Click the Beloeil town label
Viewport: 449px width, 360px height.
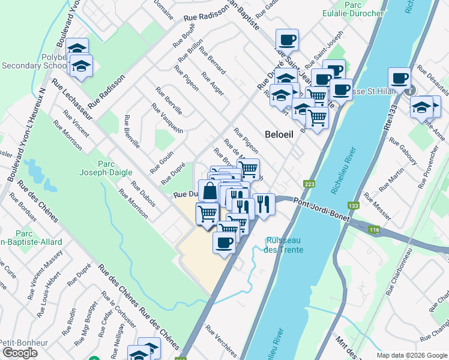pos(279,134)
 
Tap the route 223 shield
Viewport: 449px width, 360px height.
pos(309,184)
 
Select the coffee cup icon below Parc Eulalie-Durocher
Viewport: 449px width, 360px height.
pos(287,40)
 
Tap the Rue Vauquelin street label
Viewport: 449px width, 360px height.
pos(167,119)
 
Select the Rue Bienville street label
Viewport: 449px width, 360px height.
pos(131,131)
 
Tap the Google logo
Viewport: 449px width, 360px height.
pos(20,353)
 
